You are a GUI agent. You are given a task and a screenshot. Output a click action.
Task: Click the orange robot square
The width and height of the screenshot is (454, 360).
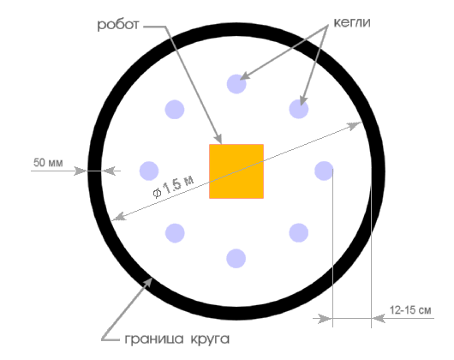(x=236, y=171)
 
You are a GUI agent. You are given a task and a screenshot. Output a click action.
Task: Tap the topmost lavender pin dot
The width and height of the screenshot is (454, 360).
(x=236, y=84)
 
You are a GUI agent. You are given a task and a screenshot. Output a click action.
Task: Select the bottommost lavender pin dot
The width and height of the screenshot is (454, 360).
(x=236, y=258)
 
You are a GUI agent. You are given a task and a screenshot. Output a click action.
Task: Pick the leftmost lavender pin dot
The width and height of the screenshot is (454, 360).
(x=149, y=171)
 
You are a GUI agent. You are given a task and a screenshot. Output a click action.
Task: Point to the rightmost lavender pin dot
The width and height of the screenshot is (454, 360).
(x=324, y=171)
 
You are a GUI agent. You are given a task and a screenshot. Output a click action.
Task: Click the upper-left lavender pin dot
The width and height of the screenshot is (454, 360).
(x=175, y=110)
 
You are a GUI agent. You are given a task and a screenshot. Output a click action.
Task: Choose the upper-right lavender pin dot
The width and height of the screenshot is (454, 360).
(x=299, y=109)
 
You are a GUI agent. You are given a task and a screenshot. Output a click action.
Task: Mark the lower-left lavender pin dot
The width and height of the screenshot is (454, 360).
(x=175, y=233)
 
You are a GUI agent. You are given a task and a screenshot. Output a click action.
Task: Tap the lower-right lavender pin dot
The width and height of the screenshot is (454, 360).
(x=299, y=232)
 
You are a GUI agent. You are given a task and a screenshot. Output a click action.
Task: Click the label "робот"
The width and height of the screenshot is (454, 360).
(x=118, y=25)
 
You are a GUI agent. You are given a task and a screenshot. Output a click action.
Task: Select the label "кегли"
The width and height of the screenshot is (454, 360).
(x=352, y=22)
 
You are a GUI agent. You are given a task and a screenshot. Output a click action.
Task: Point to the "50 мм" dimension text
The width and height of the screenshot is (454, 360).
(x=48, y=163)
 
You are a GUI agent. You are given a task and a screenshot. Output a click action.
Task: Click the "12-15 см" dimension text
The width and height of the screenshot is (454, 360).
(x=410, y=310)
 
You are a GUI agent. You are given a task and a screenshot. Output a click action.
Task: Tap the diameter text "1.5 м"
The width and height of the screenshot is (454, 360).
(x=177, y=185)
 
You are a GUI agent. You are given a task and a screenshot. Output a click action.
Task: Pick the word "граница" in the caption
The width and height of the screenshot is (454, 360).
(x=154, y=339)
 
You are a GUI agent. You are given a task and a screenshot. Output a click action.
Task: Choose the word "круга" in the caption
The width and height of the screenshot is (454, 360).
(x=210, y=339)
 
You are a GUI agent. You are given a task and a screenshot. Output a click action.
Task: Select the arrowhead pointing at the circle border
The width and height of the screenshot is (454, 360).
(x=147, y=283)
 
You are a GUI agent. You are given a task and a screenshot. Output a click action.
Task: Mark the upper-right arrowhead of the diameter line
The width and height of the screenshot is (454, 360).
(x=354, y=126)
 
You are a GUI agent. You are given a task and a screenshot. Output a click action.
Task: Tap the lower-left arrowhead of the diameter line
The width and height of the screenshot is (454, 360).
(x=119, y=217)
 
